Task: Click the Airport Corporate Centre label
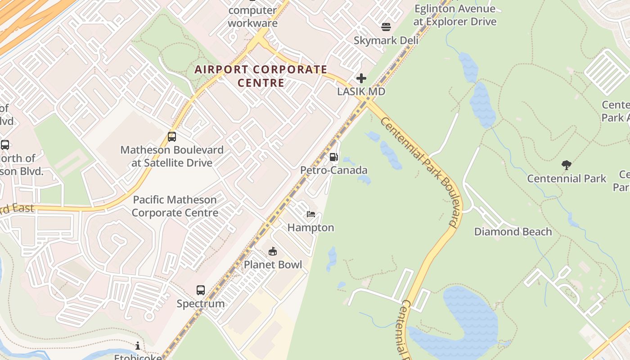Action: click(x=261, y=76)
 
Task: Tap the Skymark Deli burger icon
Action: click(x=386, y=27)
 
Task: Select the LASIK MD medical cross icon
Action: click(x=361, y=79)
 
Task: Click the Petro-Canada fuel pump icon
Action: click(x=333, y=157)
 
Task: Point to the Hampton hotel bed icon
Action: click(x=311, y=214)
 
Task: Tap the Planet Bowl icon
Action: click(x=273, y=251)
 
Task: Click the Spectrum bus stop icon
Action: click(x=201, y=290)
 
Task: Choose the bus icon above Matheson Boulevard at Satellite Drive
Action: click(x=171, y=137)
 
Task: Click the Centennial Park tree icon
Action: click(x=567, y=165)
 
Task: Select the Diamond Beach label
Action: click(x=513, y=232)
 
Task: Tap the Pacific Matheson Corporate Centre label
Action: click(x=175, y=206)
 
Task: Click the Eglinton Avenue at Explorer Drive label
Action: click(x=455, y=15)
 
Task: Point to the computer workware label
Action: click(x=252, y=17)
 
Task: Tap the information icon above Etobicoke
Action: click(x=137, y=346)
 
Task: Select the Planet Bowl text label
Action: click(x=273, y=265)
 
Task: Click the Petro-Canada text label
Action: click(x=334, y=170)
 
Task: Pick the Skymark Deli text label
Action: click(x=386, y=40)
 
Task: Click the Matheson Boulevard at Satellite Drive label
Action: click(x=172, y=156)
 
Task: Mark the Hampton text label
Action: click(x=311, y=228)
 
